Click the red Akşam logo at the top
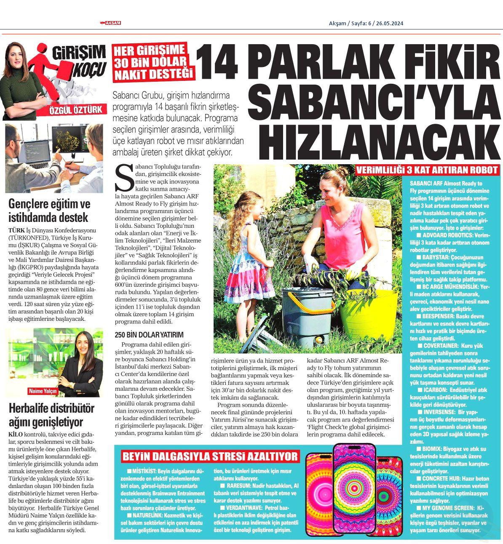click(110, 23)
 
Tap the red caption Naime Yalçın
click(43, 390)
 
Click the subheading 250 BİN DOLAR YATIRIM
click(149, 335)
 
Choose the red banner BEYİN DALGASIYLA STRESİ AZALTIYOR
click(209, 456)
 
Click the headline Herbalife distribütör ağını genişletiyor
click(51, 414)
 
